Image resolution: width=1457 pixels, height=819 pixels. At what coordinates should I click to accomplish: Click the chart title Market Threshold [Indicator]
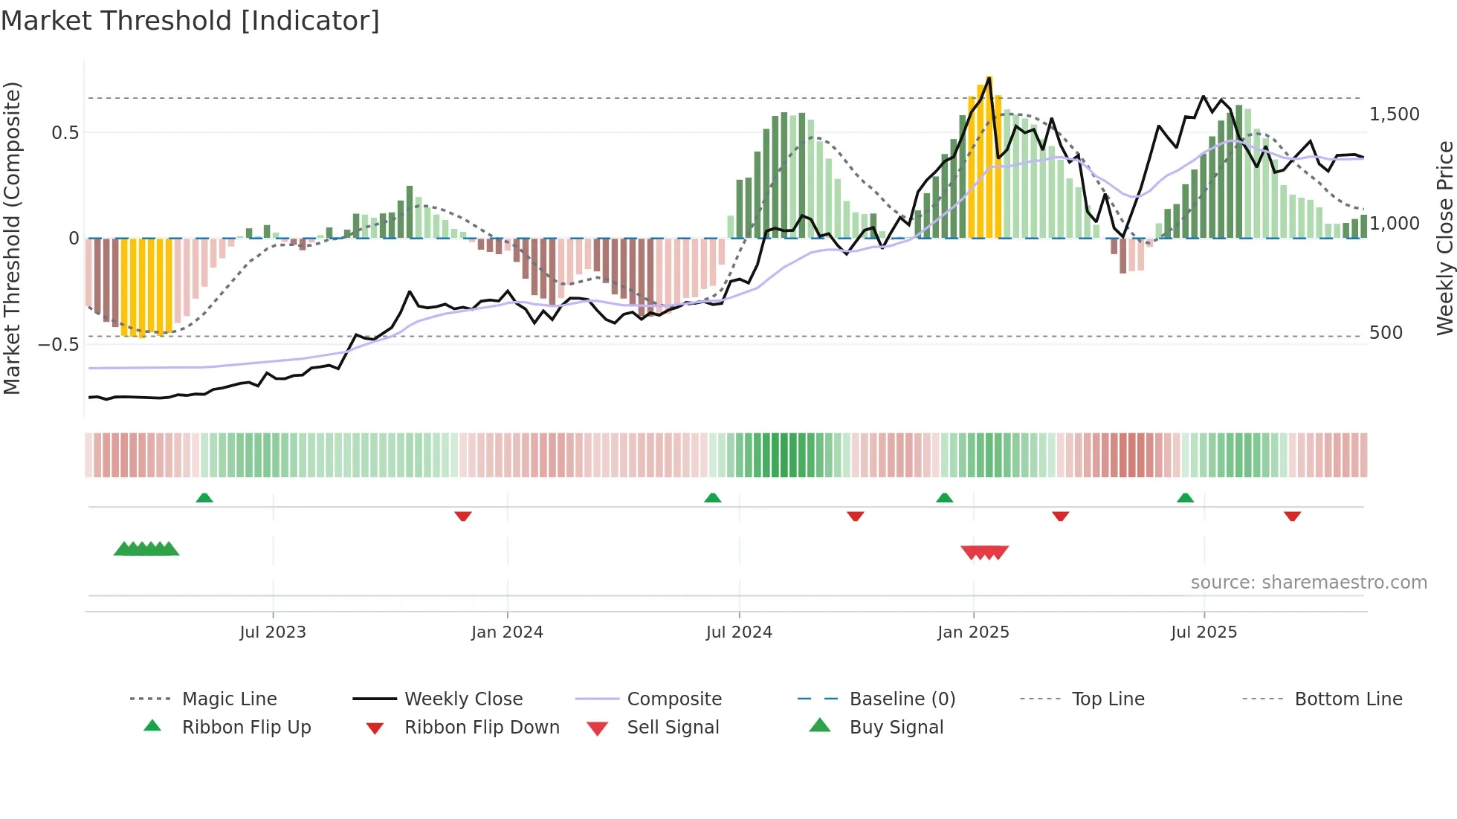[190, 21]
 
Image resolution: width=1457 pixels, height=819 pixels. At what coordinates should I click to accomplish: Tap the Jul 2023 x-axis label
[273, 632]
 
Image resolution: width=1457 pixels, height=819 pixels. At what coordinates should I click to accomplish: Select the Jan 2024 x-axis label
[507, 632]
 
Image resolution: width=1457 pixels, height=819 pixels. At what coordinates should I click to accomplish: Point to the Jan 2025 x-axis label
[973, 632]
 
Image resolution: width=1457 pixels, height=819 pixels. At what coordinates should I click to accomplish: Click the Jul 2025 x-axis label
[1204, 632]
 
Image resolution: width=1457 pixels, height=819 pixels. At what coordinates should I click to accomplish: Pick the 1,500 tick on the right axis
[1394, 114]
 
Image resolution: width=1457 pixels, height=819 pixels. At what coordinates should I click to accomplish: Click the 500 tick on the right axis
[1386, 333]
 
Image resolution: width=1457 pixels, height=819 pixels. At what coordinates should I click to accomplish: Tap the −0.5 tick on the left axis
[58, 345]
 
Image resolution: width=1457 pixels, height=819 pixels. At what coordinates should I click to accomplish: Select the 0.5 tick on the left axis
[65, 133]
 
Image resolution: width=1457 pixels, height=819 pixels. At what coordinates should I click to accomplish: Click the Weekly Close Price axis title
[1444, 238]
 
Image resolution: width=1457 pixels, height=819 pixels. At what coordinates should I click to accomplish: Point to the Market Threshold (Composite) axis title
[12, 238]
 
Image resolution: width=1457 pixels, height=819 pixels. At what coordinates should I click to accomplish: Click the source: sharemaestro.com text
[1308, 583]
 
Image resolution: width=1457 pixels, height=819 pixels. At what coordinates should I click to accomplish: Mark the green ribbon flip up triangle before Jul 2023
[204, 498]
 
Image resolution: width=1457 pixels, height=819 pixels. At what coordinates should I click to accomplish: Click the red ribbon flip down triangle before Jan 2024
[463, 516]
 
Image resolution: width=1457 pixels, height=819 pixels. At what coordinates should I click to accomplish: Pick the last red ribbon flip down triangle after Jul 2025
[1292, 516]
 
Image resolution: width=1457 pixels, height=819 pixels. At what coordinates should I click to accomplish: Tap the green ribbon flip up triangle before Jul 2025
[1185, 498]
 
